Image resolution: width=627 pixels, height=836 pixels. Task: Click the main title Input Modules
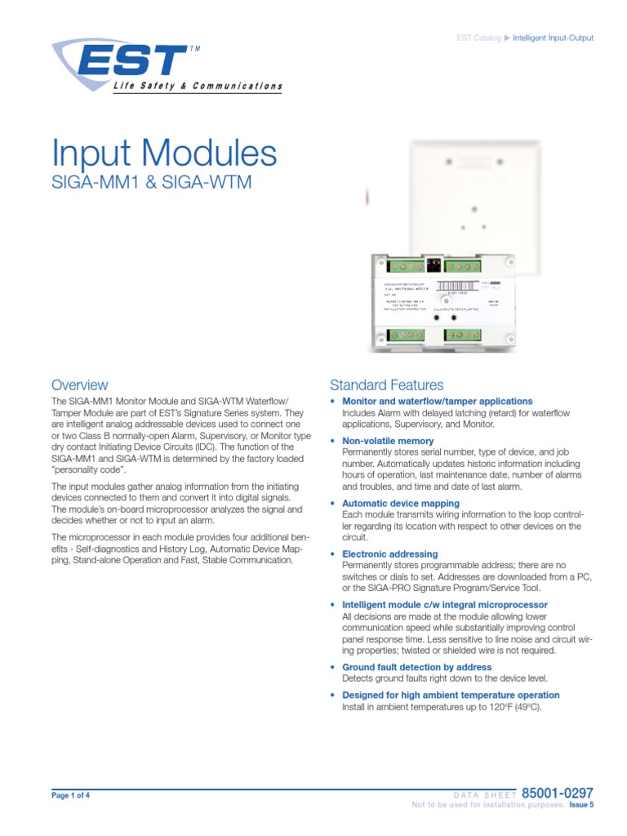pos(164,154)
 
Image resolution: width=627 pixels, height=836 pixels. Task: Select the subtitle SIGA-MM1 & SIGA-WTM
pos(151,183)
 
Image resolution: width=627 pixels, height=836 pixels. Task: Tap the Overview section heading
pos(79,385)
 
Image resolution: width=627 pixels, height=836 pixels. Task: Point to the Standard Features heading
pos(386,385)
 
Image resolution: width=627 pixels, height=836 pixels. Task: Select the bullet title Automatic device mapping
pos(400,504)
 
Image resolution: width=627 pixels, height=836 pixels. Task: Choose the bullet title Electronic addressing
pos(389,554)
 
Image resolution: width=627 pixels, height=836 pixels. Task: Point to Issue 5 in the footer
pos(580,805)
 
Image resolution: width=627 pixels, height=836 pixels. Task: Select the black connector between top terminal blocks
pos(433,265)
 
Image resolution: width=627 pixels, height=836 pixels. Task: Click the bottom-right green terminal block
pos(463,335)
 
